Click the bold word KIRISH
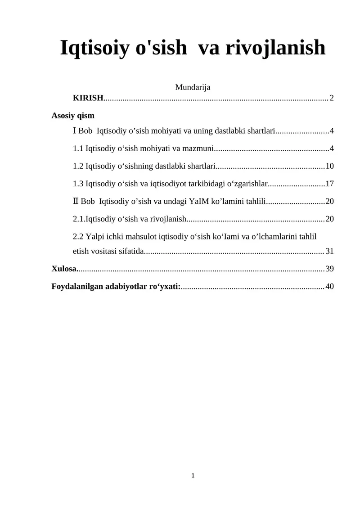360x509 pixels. pyautogui.click(x=88, y=98)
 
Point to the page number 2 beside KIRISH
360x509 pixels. pyautogui.click(x=332, y=98)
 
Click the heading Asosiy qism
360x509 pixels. pyautogui.click(x=73, y=116)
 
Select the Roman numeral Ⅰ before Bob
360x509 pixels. pyautogui.click(x=75, y=131)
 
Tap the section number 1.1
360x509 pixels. pyautogui.click(x=78, y=149)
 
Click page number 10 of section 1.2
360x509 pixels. pyautogui.click(x=329, y=166)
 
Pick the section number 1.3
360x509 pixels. pyautogui.click(x=78, y=184)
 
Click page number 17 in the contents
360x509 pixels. pyautogui.click(x=329, y=184)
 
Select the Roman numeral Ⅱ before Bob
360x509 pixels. pyautogui.click(x=75, y=201)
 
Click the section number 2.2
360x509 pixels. pyautogui.click(x=78, y=237)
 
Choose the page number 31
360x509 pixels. pyautogui.click(x=329, y=251)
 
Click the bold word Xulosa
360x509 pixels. pyautogui.click(x=64, y=269)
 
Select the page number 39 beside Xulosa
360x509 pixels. pyautogui.click(x=329, y=269)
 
